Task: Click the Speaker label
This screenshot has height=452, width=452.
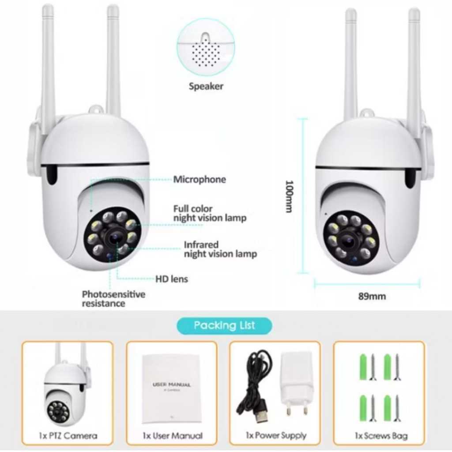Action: point(206,86)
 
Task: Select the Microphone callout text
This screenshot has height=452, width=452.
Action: point(199,179)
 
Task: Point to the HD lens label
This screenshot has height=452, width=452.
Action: point(172,279)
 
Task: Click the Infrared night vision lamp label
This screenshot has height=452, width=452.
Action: point(220,249)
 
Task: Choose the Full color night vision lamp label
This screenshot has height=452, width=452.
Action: point(210,213)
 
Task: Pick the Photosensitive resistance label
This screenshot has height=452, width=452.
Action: point(113,299)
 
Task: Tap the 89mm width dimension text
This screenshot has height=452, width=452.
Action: point(372,296)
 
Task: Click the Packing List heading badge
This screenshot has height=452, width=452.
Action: point(224,326)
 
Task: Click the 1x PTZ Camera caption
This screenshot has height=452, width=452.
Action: point(68,436)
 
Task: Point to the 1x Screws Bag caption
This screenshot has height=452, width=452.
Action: point(381,436)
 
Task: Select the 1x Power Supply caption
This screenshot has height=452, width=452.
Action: point(276,436)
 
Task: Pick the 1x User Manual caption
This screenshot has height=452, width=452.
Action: point(173,436)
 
